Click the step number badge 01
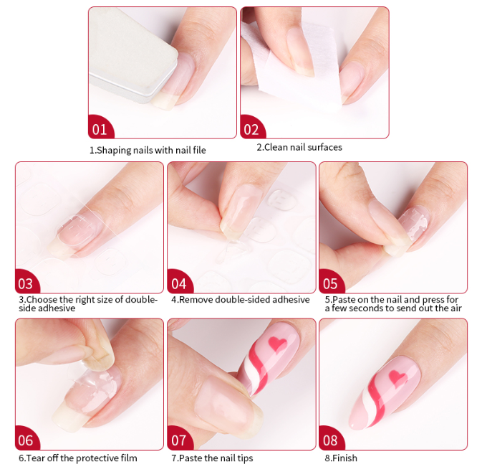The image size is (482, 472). tap(100, 128)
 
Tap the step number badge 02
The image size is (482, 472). tap(251, 128)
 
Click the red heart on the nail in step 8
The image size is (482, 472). tap(398, 377)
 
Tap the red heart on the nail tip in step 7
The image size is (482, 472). tap(278, 344)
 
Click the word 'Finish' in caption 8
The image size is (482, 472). tap(344, 458)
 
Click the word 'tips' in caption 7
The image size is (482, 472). tap(245, 458)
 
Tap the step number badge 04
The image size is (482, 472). tap(179, 283)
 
